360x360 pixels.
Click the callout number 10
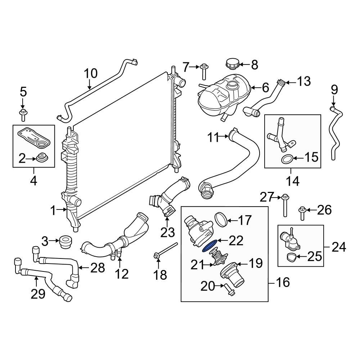pos(91,73)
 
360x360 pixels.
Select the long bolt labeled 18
pos(166,249)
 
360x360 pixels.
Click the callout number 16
pos(283,282)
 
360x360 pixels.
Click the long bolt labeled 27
pos(285,205)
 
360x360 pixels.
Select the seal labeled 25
pos(292,257)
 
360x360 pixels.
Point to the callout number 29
pos(38,293)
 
